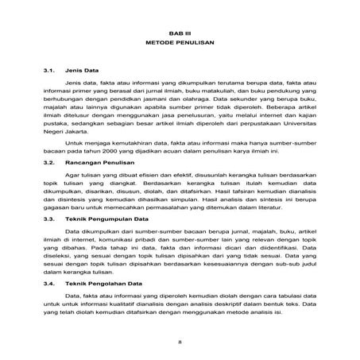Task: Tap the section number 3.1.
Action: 51,70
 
